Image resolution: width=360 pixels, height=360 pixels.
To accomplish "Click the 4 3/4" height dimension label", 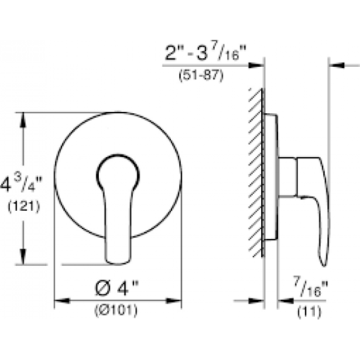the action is pyautogui.click(x=22, y=184).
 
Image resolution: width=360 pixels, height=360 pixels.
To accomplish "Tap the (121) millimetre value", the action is pyautogui.click(x=24, y=206).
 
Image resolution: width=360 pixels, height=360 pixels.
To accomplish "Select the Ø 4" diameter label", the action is pyautogui.click(x=117, y=288).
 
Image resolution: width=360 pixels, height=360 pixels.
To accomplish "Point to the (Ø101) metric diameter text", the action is pyautogui.click(x=116, y=310).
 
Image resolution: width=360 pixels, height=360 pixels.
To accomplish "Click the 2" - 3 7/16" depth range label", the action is pyautogui.click(x=206, y=53).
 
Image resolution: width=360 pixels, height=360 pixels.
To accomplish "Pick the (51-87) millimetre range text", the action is pyautogui.click(x=201, y=75).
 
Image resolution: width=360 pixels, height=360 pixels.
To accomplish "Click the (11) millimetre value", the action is pyautogui.click(x=309, y=312).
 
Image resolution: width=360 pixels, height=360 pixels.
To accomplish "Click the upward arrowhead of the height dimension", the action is pyautogui.click(x=23, y=120).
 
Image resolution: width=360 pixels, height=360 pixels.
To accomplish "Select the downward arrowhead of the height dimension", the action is pyautogui.click(x=23, y=257).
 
